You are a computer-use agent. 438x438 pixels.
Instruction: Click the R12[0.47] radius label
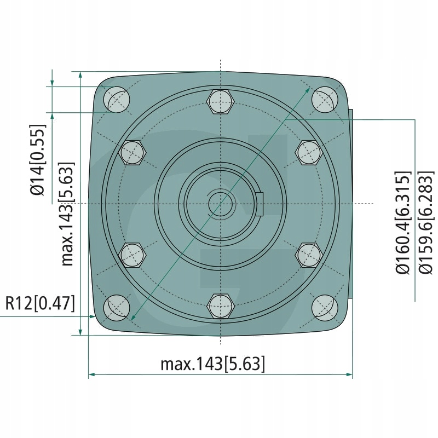coord(39,303)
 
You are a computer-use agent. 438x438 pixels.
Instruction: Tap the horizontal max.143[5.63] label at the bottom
coord(213,364)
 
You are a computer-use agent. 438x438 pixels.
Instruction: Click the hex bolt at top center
coord(220,102)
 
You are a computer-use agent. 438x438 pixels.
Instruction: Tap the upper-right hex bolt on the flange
coord(308,153)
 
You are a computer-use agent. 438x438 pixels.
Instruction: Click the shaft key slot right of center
coord(260,204)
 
